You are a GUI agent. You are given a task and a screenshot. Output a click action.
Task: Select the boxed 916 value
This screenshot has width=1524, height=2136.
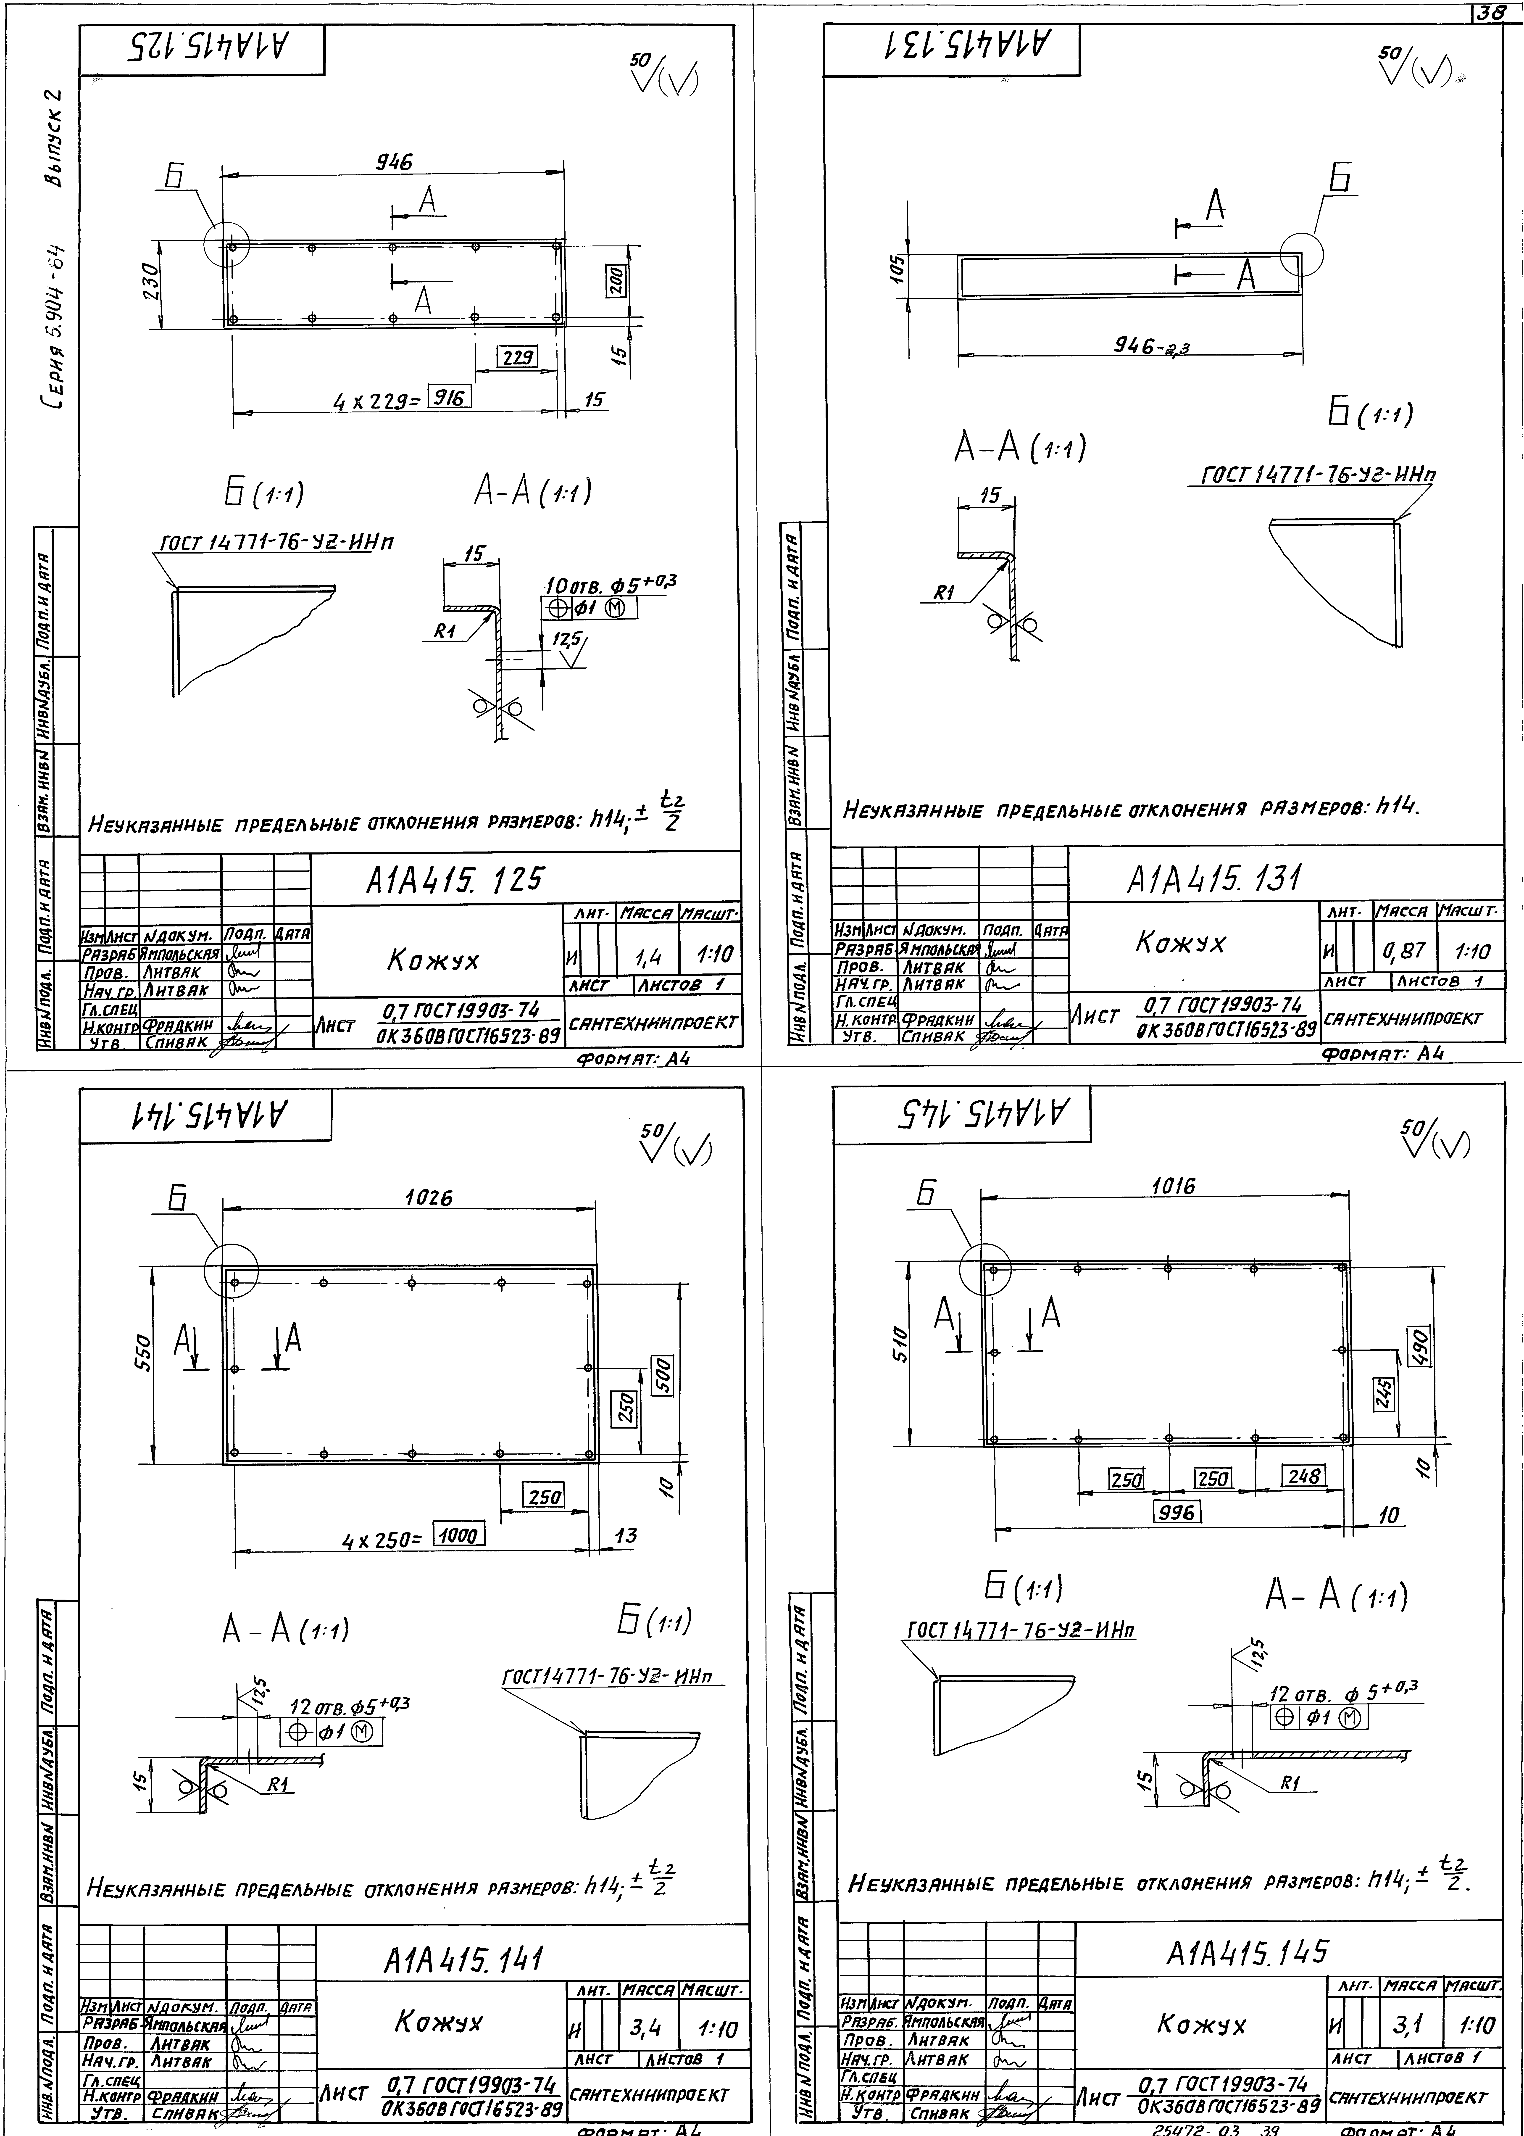(449, 398)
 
